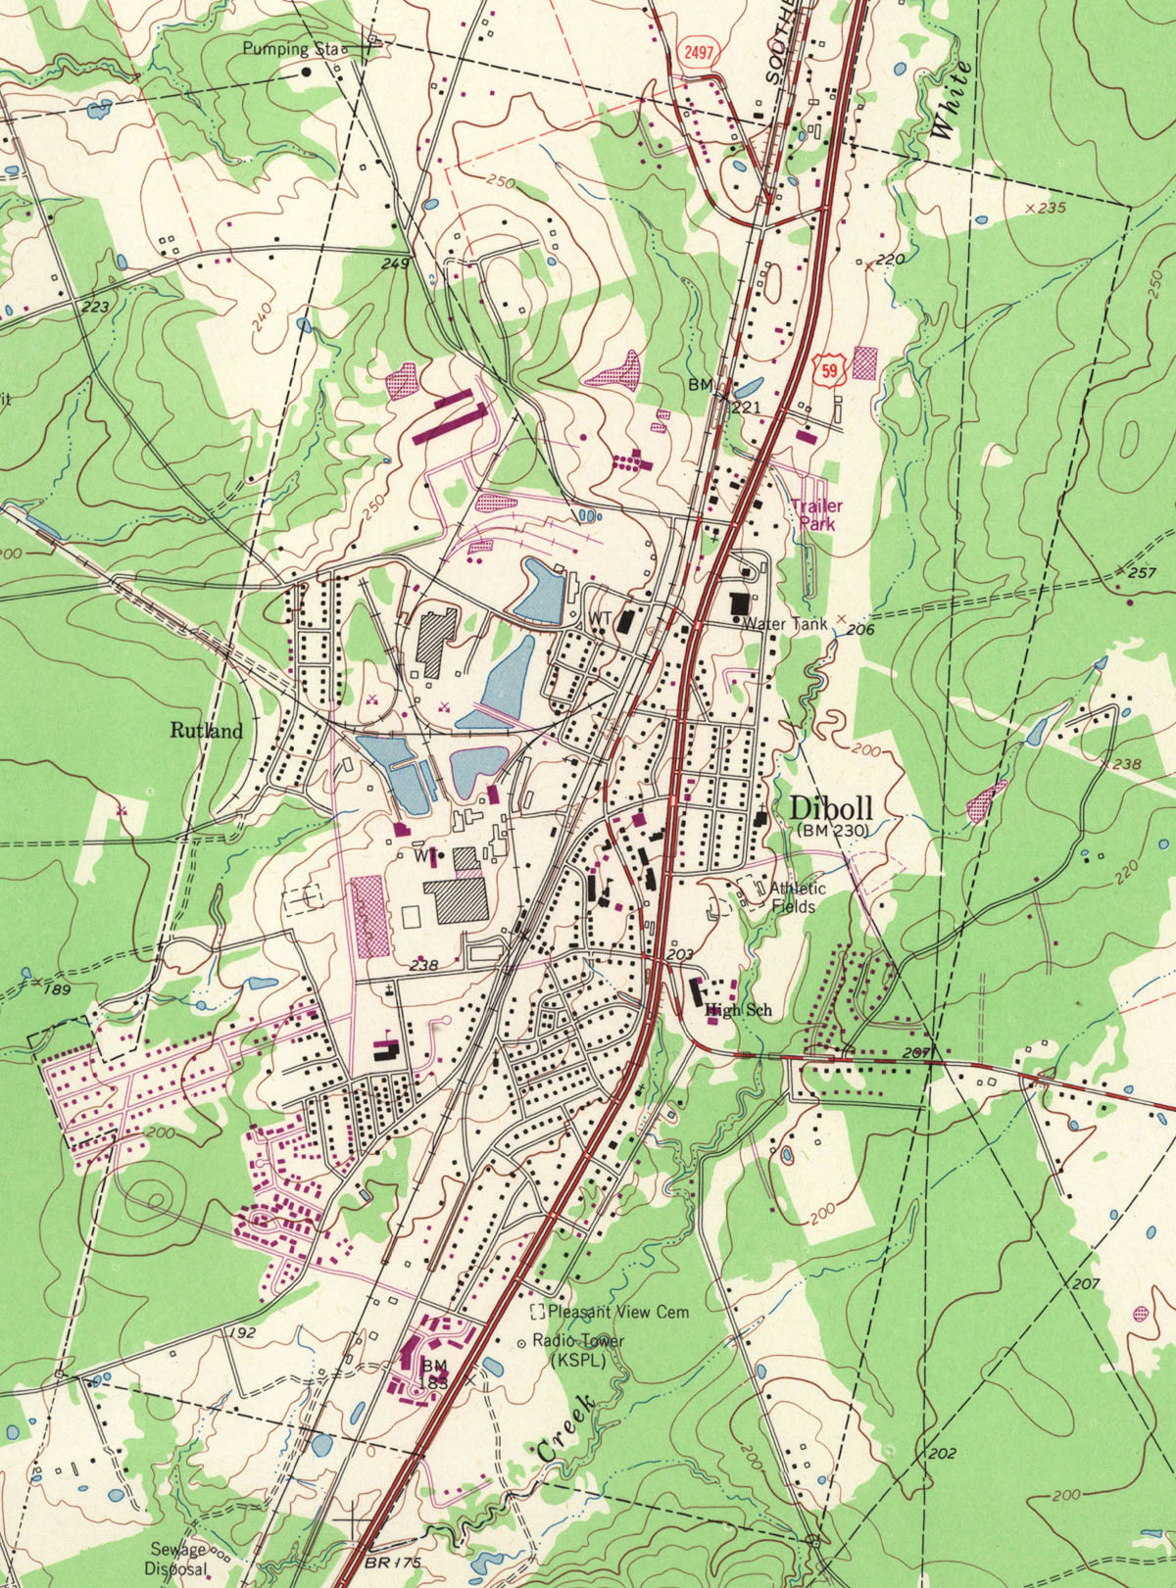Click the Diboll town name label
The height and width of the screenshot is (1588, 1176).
click(830, 809)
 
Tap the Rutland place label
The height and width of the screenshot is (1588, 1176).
click(206, 730)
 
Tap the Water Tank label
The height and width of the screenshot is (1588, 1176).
click(784, 623)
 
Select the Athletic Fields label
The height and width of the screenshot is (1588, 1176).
click(796, 897)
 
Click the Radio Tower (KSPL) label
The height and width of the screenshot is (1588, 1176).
click(578, 1350)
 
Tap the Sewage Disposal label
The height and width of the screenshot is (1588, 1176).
click(179, 1558)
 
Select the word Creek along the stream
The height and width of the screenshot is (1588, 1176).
click(566, 1430)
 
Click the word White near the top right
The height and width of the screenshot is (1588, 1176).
click(952, 98)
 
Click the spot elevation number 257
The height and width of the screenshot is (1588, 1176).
click(1142, 572)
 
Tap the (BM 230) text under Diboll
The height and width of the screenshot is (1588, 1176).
click(832, 830)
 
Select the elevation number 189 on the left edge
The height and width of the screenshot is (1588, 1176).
click(58, 989)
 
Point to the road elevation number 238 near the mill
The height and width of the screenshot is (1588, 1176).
click(423, 965)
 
